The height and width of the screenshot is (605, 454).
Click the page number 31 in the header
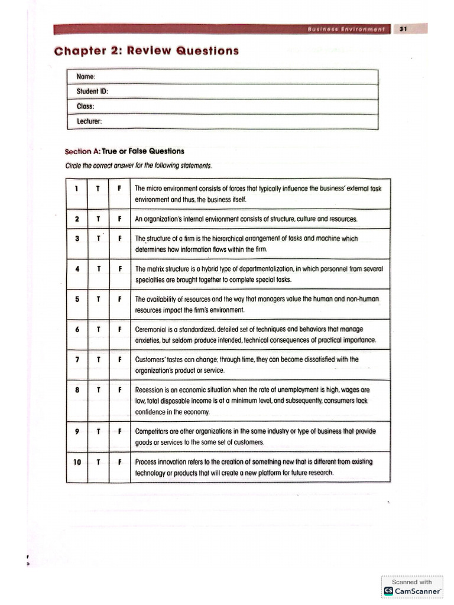tap(403, 28)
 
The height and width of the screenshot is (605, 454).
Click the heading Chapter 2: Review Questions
tap(147, 51)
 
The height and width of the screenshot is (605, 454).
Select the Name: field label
tap(86, 77)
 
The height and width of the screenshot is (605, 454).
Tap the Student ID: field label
tap(92, 92)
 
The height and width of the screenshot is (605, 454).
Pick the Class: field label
tap(86, 106)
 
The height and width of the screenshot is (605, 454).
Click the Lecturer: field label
tap(90, 121)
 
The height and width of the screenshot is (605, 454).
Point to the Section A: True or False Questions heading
tap(125, 151)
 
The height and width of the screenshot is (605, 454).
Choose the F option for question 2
tap(119, 219)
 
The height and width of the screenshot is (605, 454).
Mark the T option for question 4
tap(98, 269)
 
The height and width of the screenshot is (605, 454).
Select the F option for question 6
tap(119, 329)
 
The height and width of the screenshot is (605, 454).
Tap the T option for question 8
tap(98, 390)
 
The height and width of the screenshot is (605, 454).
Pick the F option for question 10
tap(119, 462)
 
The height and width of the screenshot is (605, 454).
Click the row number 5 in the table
tap(77, 299)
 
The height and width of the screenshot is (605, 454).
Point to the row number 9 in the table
tap(77, 431)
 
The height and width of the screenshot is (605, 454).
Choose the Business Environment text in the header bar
tap(346, 28)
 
